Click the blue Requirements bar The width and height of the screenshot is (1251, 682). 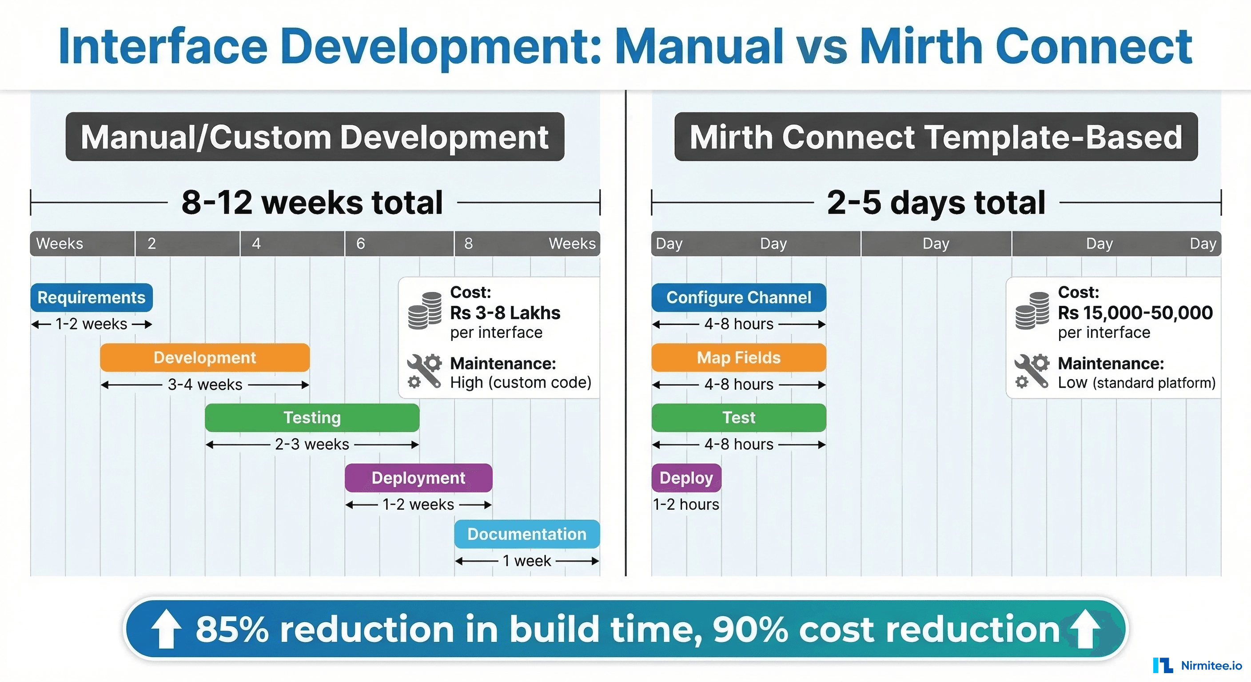(92, 297)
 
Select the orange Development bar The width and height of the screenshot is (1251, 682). (204, 357)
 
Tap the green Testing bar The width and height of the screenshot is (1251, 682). (312, 417)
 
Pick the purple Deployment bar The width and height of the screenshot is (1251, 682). (418, 478)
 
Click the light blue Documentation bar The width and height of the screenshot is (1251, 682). (527, 534)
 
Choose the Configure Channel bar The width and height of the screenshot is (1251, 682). (738, 297)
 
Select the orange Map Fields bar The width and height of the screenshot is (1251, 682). (738, 357)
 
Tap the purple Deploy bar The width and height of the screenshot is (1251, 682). (686, 478)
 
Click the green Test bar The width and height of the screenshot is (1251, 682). (738, 417)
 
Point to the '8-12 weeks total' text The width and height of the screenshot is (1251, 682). (312, 202)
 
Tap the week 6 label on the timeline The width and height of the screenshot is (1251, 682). (360, 243)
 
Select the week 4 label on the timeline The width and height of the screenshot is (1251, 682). (256, 243)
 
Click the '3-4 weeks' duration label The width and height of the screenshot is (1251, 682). (204, 385)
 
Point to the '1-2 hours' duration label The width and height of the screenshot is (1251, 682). (686, 504)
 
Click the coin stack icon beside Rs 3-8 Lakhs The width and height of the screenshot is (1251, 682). (424, 311)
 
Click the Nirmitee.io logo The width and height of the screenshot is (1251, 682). (1197, 666)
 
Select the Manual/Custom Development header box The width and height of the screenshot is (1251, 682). (315, 137)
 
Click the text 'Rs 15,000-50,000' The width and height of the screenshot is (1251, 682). (1135, 313)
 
